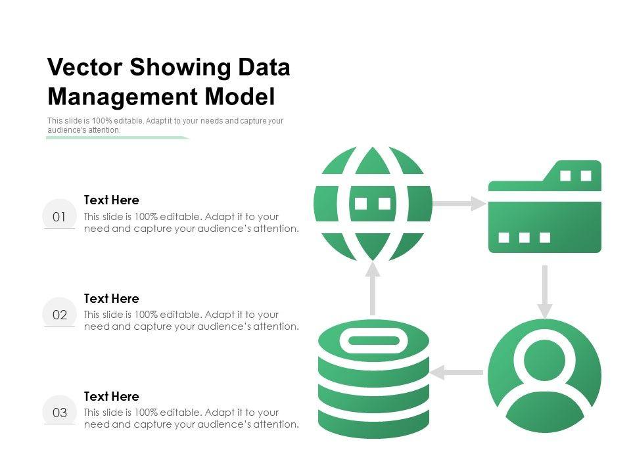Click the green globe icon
click(x=373, y=204)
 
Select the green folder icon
click(x=544, y=207)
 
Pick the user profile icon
click(x=544, y=376)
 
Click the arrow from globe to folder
click(x=459, y=204)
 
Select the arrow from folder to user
click(x=544, y=291)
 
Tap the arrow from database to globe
click(x=373, y=288)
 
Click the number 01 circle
click(x=59, y=216)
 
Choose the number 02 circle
click(x=59, y=315)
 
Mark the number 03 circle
click(x=59, y=413)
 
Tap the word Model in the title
click(x=240, y=97)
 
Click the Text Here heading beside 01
click(x=112, y=200)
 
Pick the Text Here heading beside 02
click(x=112, y=298)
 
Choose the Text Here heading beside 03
click(x=112, y=396)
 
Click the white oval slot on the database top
click(x=373, y=340)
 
